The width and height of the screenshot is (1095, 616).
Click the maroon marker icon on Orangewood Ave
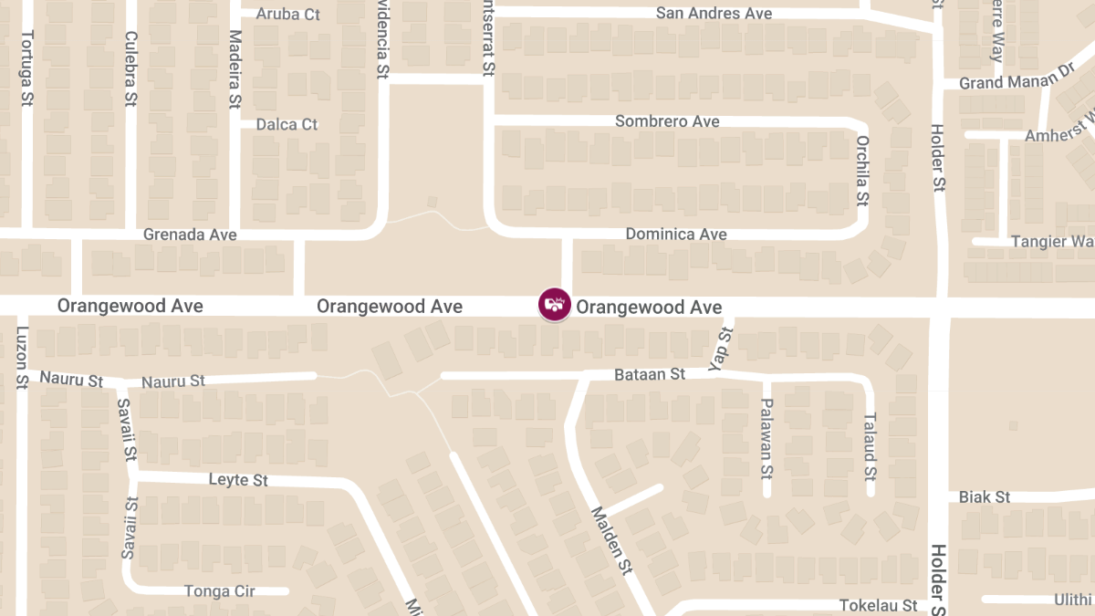[555, 304]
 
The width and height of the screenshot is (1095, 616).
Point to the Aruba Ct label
[288, 14]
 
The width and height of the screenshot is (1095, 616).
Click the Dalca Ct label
[287, 124]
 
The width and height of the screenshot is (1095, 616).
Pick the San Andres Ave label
[714, 14]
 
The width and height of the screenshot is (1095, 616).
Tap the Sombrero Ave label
[667, 121]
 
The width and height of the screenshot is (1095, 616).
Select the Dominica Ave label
[676, 235]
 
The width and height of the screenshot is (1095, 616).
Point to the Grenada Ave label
[190, 235]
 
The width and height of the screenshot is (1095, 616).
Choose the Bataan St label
[650, 374]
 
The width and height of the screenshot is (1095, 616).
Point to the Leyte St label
[238, 480]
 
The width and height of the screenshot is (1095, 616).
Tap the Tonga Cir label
[220, 591]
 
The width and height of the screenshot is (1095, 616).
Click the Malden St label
[611, 540]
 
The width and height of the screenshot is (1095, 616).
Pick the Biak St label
[985, 497]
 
